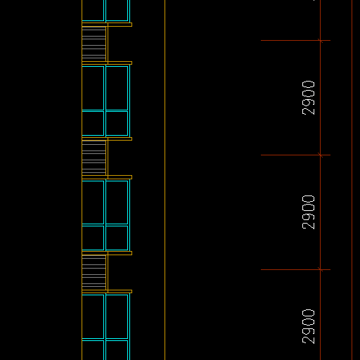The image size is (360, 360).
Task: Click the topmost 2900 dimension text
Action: click(x=309, y=98)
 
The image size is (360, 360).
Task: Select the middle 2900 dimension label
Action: click(x=309, y=212)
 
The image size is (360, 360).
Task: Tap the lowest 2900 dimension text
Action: click(x=309, y=326)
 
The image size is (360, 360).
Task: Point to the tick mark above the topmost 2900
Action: click(x=320, y=41)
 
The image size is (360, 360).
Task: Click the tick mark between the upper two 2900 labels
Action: click(x=320, y=155)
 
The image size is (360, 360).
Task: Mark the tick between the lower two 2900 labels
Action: click(x=320, y=269)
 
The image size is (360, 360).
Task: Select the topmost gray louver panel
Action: click(x=94, y=44)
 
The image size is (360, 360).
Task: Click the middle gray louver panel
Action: click(x=94, y=158)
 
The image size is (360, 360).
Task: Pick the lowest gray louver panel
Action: click(x=94, y=272)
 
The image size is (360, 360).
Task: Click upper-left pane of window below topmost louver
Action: click(x=93, y=88)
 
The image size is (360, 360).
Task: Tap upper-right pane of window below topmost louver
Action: click(x=117, y=88)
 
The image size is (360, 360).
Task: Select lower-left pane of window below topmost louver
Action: click(x=93, y=123)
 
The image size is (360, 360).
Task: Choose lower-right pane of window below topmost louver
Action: click(x=117, y=123)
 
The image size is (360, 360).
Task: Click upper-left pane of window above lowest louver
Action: click(x=93, y=202)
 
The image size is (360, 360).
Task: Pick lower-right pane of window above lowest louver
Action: click(x=117, y=238)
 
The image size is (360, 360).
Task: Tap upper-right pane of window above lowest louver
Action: click(x=117, y=202)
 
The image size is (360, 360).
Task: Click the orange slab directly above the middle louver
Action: click(x=107, y=139)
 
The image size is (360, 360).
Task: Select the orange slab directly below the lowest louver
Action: click(x=107, y=292)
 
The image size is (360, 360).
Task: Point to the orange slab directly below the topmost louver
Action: click(x=107, y=63)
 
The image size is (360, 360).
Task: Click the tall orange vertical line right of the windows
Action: click(x=165, y=180)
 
